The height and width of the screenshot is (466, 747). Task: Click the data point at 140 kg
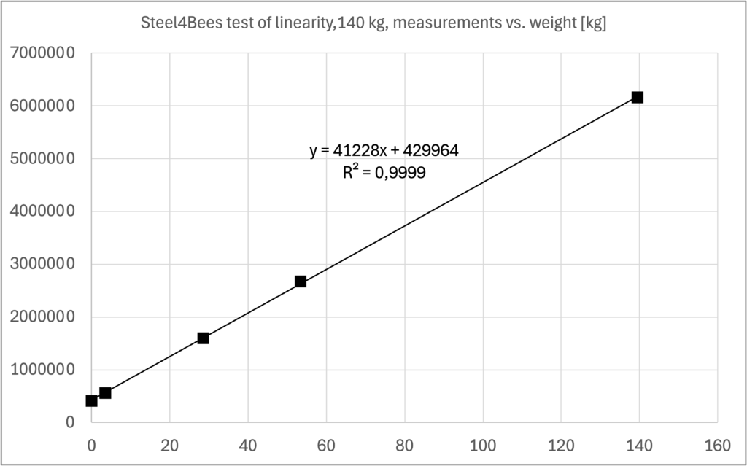click(637, 97)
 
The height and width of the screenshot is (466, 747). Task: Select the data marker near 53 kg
click(300, 281)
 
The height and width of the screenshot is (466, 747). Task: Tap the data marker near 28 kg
click(203, 338)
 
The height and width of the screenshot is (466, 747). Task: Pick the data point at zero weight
click(91, 400)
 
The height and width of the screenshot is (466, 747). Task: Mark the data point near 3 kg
click(105, 392)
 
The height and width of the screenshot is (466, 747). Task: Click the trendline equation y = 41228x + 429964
click(384, 151)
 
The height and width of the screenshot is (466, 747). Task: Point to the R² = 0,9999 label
click(384, 173)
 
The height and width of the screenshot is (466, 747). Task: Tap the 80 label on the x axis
click(404, 444)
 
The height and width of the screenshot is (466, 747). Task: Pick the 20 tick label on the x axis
click(169, 444)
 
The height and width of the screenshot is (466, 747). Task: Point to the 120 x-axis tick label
click(560, 444)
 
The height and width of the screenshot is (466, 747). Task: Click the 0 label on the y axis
click(69, 422)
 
